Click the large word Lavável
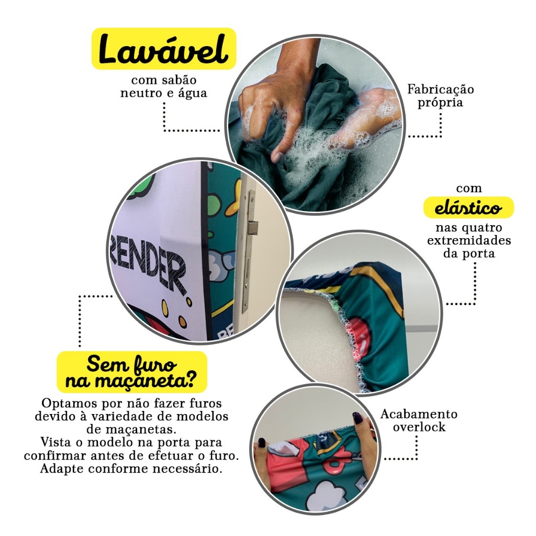point(163,50)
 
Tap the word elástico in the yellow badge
point(468,208)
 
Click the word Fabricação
point(441,89)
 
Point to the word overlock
point(419,427)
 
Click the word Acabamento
point(419,414)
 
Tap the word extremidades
point(469,240)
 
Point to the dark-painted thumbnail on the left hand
point(262,443)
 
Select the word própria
point(440,103)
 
